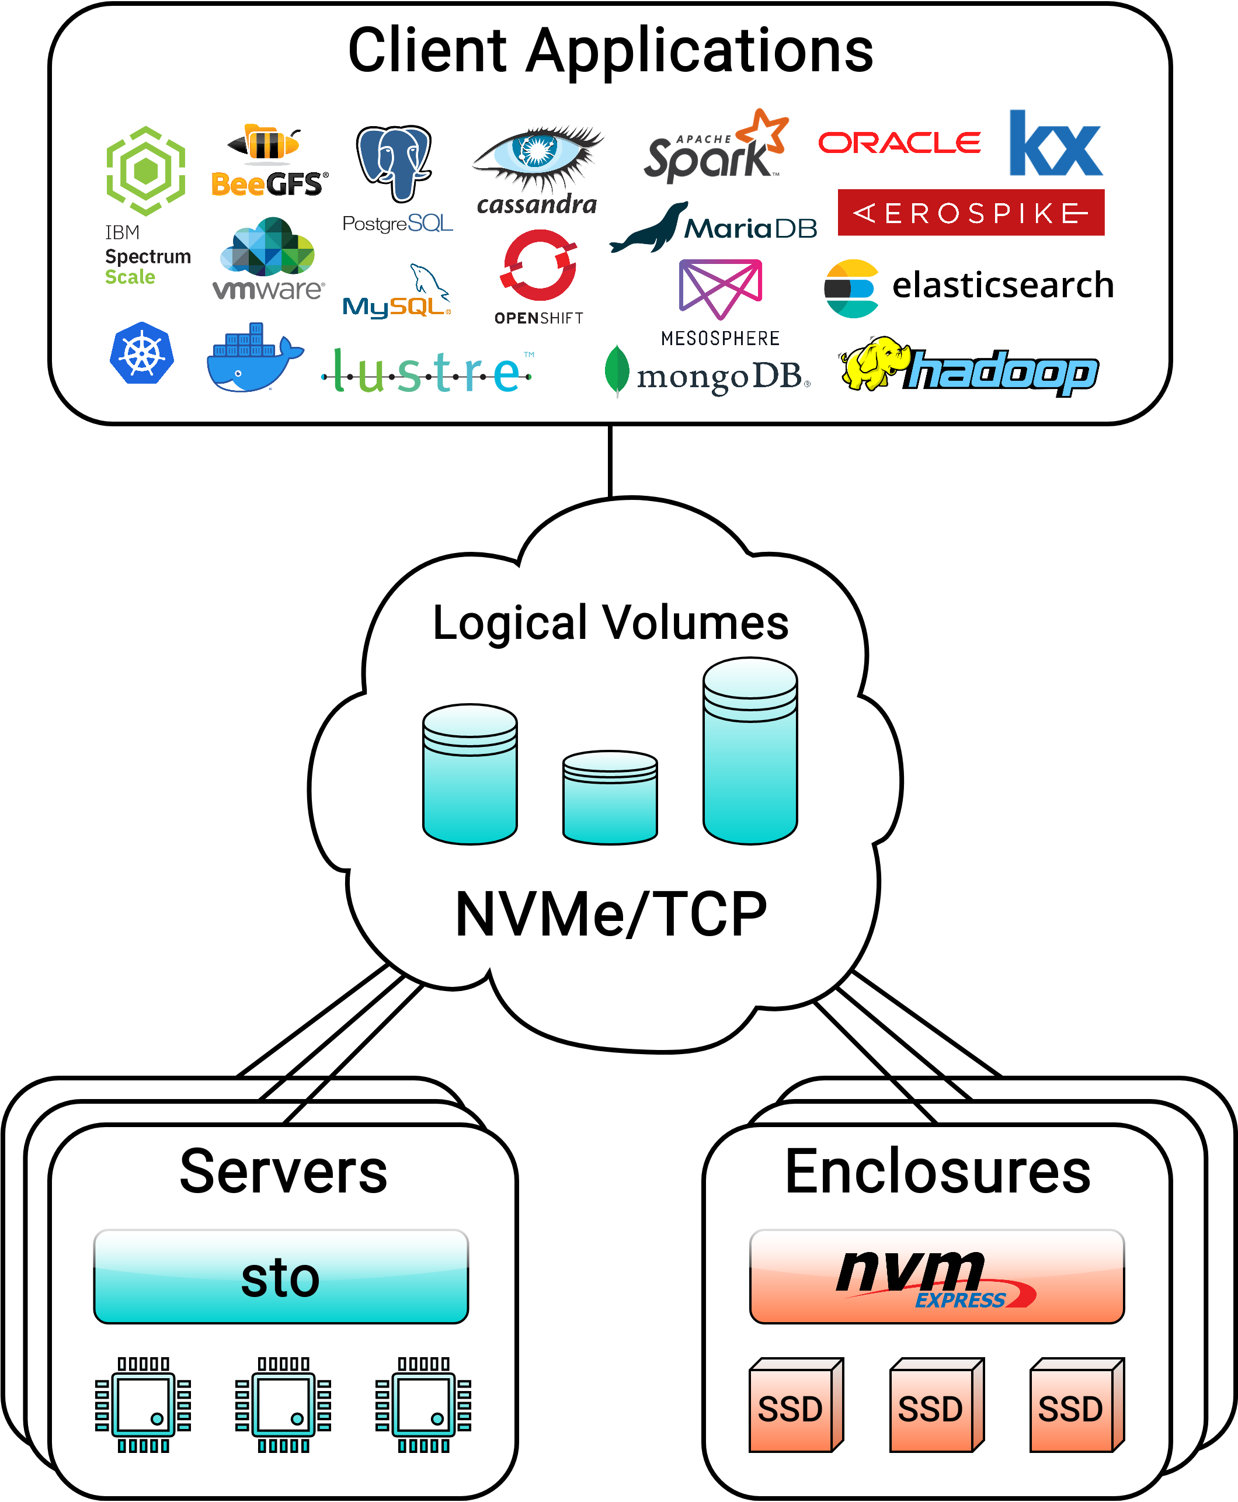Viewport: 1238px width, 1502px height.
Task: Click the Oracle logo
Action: [x=899, y=142]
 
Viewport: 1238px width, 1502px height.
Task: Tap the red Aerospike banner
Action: [x=971, y=213]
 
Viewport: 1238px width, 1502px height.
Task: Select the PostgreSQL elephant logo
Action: [x=394, y=164]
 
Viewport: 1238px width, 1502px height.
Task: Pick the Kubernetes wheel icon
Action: [x=142, y=354]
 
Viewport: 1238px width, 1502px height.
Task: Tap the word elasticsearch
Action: [x=1003, y=286]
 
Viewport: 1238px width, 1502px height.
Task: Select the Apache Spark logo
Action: [x=713, y=148]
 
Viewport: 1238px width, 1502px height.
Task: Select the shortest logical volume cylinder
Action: [x=610, y=797]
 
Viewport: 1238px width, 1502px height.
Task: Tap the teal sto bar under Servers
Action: [x=281, y=1277]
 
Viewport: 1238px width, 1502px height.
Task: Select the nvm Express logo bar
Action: [x=936, y=1277]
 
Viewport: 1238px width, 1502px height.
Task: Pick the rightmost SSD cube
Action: [x=1076, y=1405]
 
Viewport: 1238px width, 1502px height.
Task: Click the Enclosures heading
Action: [x=937, y=1173]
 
